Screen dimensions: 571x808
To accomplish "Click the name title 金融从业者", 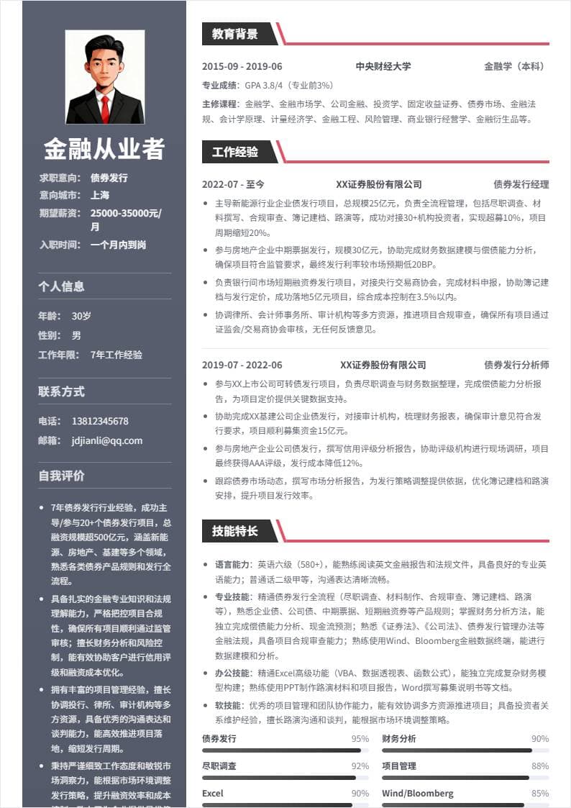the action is (104, 149).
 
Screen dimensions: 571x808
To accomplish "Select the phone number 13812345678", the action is (100, 421).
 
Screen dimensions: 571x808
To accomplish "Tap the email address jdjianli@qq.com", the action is (107, 440).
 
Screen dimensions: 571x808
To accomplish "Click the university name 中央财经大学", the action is (383, 66).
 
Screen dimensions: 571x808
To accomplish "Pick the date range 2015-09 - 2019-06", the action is (242, 66).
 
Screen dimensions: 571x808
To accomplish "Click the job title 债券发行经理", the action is (521, 184).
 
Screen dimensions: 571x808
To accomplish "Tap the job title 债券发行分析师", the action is (516, 365).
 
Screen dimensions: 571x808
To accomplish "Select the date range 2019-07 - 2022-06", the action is (242, 365).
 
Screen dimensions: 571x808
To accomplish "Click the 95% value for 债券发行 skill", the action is (360, 739).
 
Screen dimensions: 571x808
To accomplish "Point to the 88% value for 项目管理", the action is (540, 766).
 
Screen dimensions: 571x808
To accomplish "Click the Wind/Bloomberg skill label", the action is (417, 794).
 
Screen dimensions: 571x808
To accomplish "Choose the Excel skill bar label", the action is (212, 794).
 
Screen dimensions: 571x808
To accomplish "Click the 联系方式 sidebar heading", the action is (61, 391).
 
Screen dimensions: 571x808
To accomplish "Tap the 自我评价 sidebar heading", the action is (61, 476).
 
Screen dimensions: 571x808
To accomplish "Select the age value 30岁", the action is (81, 316).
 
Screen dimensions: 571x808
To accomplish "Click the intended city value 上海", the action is (100, 195).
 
